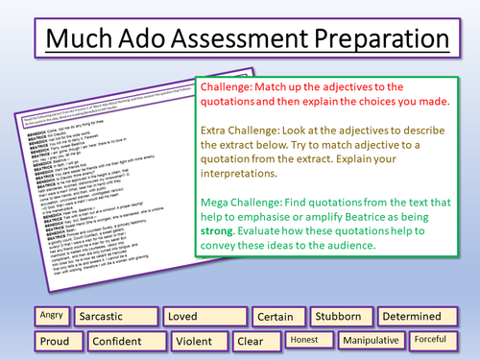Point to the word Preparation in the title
point(373,42)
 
